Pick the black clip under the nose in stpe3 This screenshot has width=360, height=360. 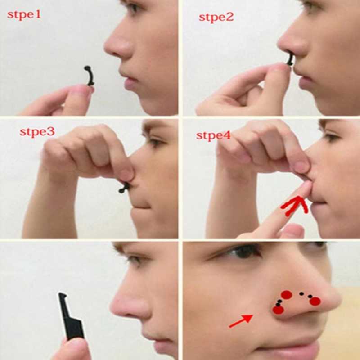tap(124, 187)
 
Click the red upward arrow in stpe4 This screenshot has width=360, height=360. tap(295, 205)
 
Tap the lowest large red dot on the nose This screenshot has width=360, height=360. tap(278, 309)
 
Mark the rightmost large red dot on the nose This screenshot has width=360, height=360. tap(315, 301)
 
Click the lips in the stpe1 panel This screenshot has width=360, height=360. tap(130, 82)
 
